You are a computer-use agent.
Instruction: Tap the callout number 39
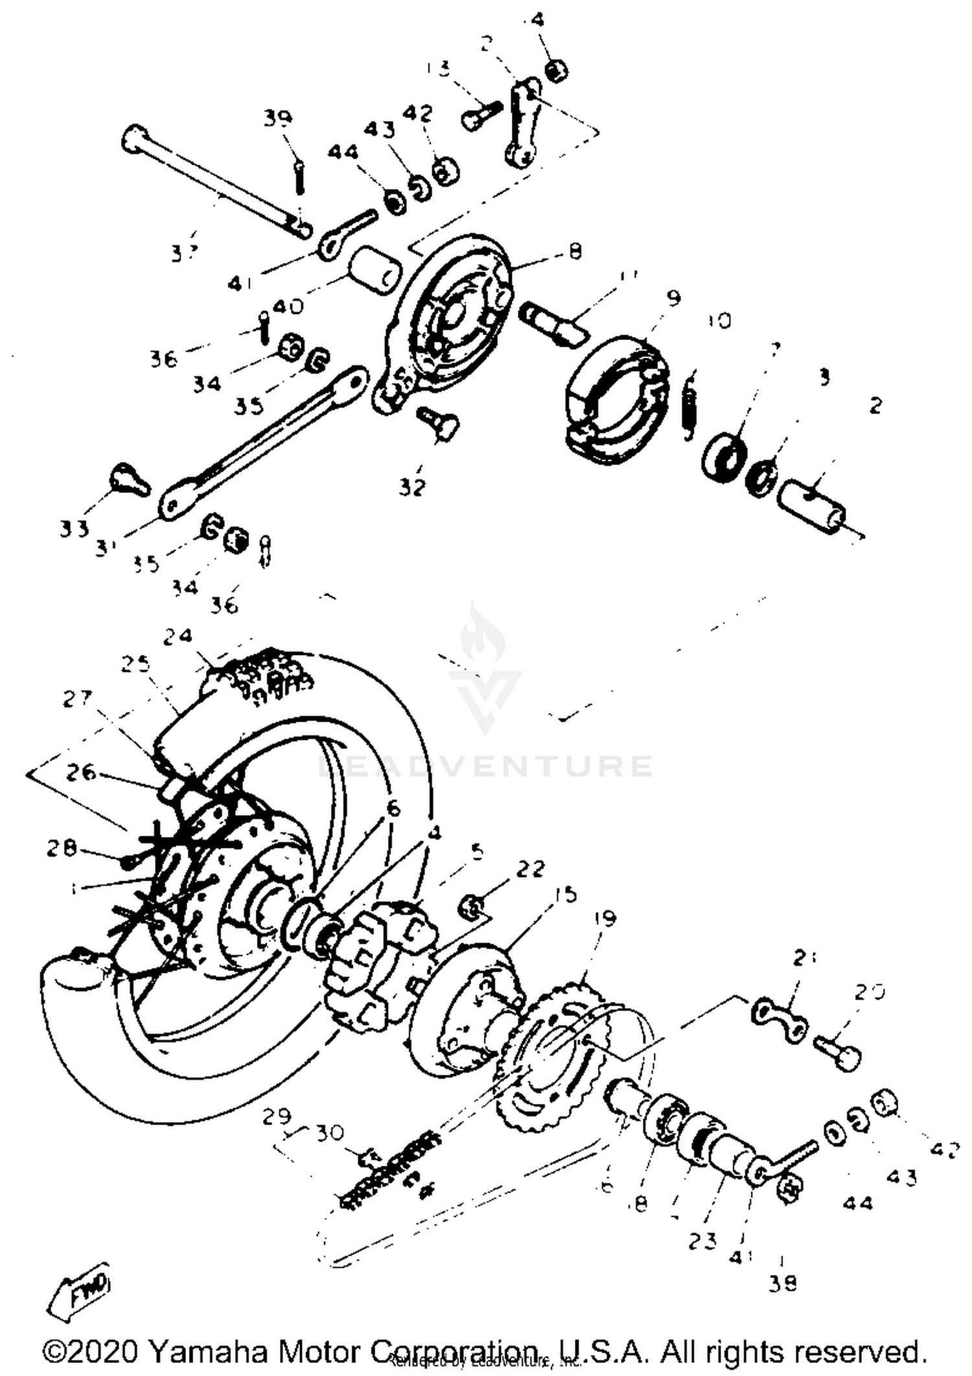tap(278, 118)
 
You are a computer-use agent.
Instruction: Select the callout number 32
tap(411, 487)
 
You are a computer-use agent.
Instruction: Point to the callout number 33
tap(73, 529)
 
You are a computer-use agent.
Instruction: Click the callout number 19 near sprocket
tap(604, 919)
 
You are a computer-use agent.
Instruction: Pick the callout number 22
tap(530, 869)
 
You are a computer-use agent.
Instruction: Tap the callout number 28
tap(62, 848)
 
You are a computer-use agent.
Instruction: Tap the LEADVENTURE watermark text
tap(486, 766)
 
